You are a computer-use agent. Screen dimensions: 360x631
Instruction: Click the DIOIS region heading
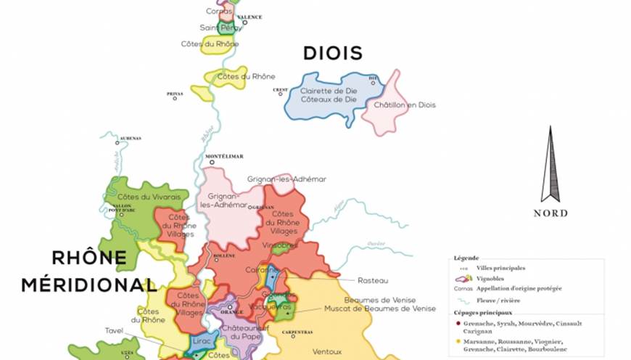coord(332,53)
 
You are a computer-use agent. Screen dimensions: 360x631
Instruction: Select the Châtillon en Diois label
coord(405,105)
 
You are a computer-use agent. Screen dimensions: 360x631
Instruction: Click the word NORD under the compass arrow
coord(550,213)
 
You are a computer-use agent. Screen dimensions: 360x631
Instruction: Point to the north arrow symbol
coord(550,165)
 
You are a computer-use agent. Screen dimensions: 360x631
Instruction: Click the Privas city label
coord(175,94)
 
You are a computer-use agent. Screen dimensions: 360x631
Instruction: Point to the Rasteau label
coord(374,280)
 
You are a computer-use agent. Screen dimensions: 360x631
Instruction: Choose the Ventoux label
coord(327,351)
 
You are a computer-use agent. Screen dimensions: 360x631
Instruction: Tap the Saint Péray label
coord(221,28)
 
